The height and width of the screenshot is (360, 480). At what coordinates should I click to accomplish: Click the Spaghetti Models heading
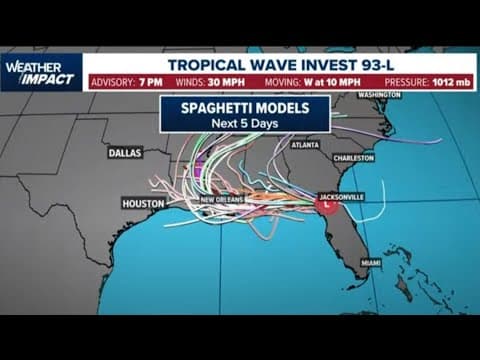point(243,107)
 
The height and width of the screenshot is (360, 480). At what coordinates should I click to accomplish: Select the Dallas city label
point(125,153)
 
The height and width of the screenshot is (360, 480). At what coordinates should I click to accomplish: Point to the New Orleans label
point(223,200)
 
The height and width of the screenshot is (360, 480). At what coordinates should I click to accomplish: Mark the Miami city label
point(371,263)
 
